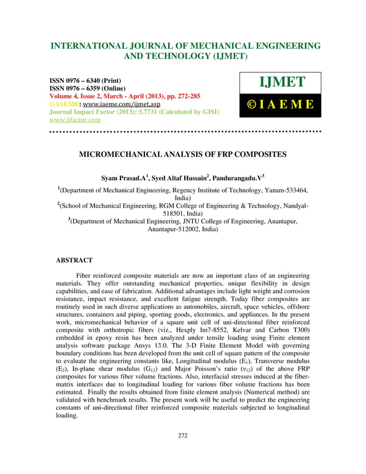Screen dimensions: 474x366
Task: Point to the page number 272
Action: pos(182,452)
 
